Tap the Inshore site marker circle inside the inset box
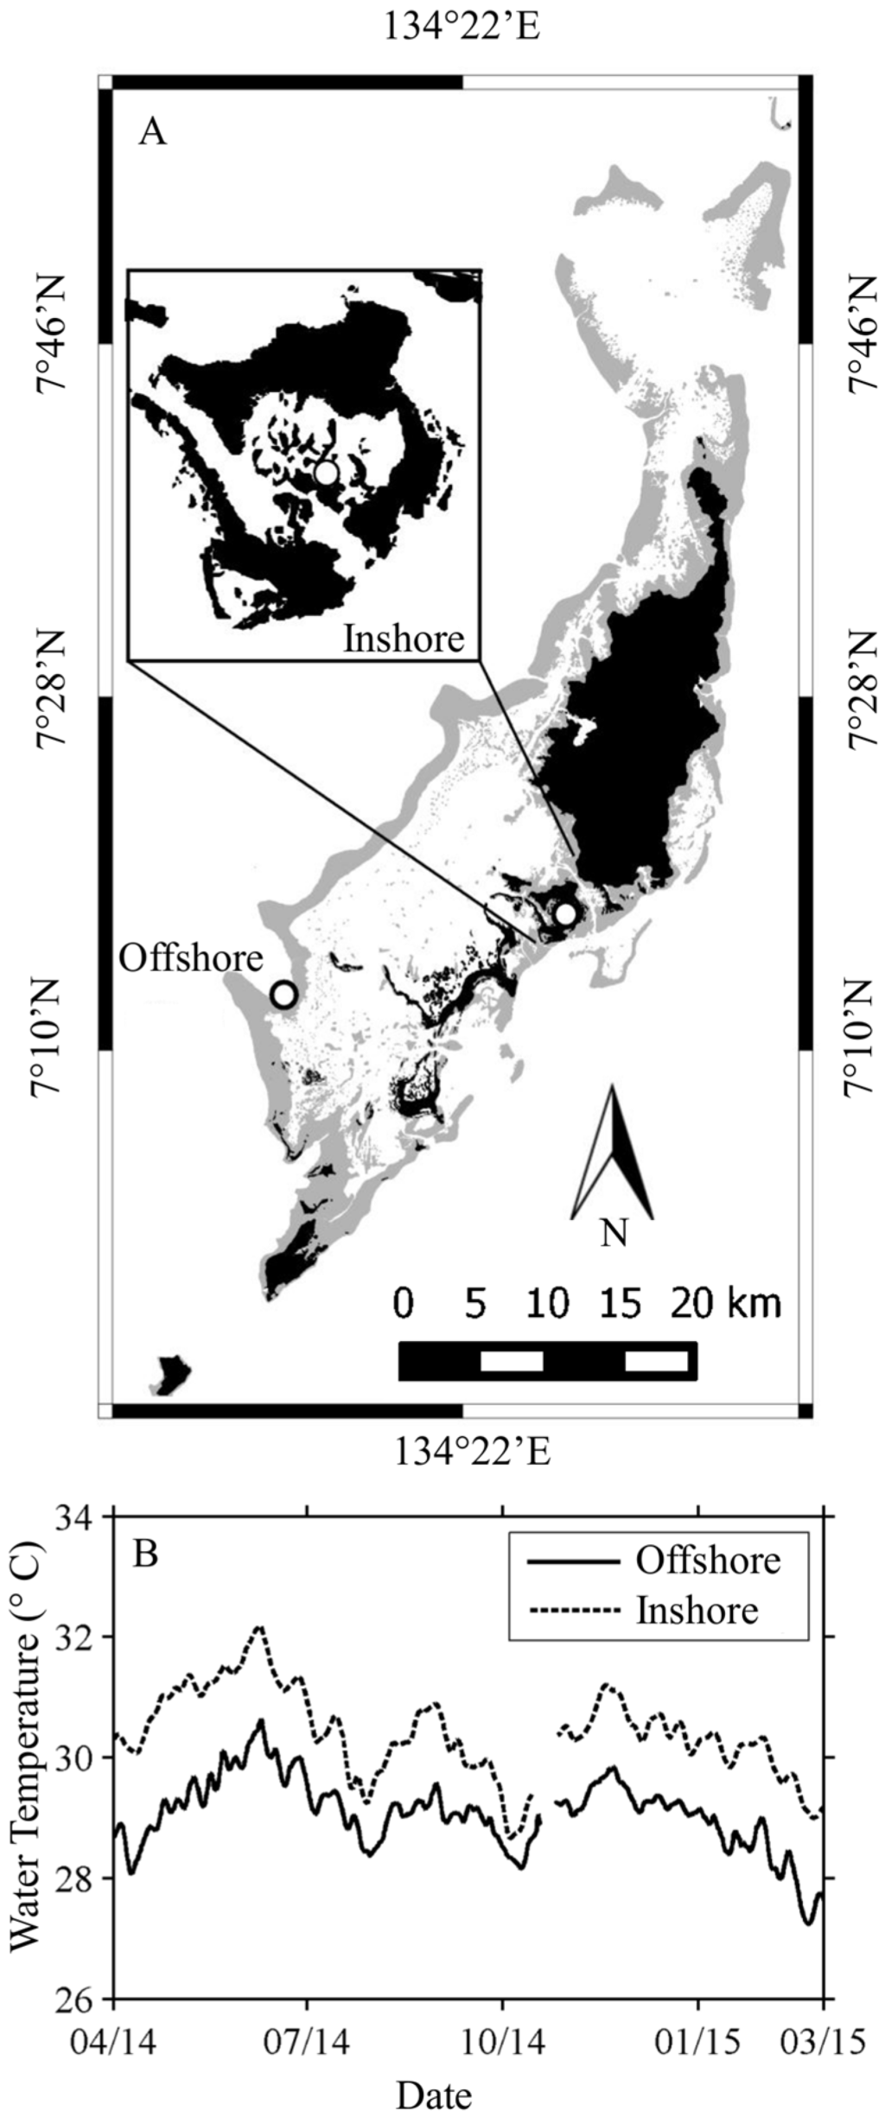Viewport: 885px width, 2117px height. [x=326, y=473]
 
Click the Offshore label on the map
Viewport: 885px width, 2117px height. [x=191, y=958]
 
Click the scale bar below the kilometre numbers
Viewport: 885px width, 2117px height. [x=547, y=1361]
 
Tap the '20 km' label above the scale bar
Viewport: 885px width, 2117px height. [x=725, y=1303]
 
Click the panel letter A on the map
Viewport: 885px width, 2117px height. [x=152, y=133]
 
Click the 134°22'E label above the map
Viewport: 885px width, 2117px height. [x=462, y=28]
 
